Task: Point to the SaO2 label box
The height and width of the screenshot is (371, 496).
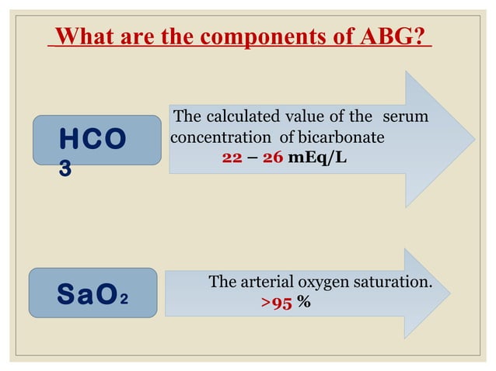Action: coord(93,293)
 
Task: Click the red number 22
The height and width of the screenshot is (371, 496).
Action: coord(232,157)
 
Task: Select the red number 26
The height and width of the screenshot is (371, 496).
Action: coord(271,157)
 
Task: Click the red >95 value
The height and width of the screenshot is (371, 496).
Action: coord(276,303)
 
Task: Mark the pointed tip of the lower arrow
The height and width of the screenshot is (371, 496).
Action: coord(472,293)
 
